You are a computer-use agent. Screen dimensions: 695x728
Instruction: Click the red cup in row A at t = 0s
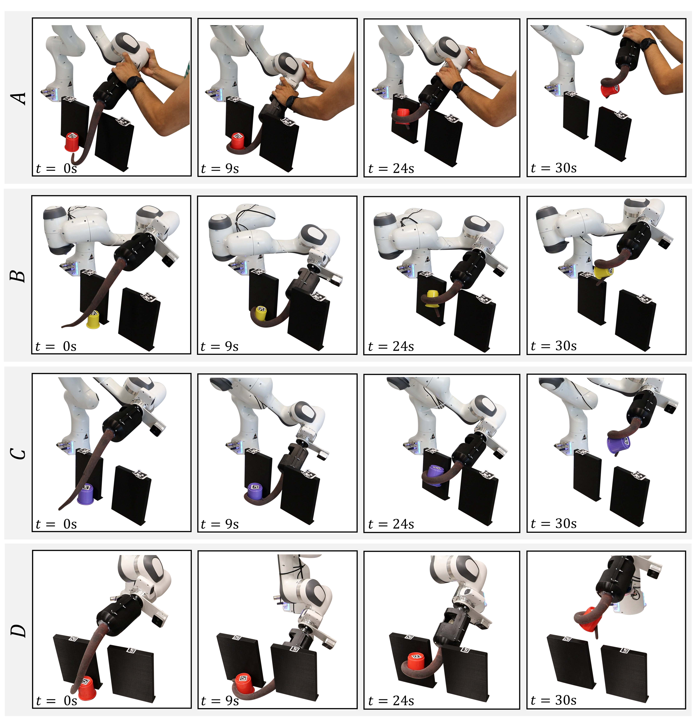tap(72, 142)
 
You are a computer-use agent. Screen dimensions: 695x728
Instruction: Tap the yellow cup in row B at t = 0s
tap(93, 320)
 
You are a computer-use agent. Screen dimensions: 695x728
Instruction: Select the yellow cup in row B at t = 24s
tap(433, 298)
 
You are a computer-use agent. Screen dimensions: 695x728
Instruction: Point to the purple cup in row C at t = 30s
tap(618, 444)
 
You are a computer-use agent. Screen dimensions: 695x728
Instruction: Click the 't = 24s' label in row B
tap(391, 346)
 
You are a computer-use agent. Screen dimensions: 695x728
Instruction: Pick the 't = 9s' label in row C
tap(220, 524)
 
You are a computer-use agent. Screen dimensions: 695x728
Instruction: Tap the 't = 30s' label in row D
tap(554, 700)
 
